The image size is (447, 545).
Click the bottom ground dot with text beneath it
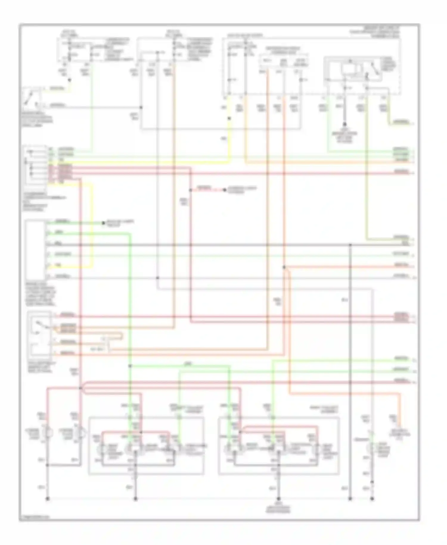pos(279,498)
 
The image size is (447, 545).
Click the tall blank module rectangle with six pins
pos(35,250)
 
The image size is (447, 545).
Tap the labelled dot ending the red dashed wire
pos(225,190)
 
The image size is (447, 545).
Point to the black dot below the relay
pos(345,123)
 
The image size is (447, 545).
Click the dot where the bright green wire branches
pos(130,366)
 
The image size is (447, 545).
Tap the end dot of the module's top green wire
pos(103,223)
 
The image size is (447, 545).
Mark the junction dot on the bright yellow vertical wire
pos(229,118)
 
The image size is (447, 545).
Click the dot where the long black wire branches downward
pos(350,245)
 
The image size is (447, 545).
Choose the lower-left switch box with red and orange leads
pos(39,334)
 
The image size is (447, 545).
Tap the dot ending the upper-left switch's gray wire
pos(141,107)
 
